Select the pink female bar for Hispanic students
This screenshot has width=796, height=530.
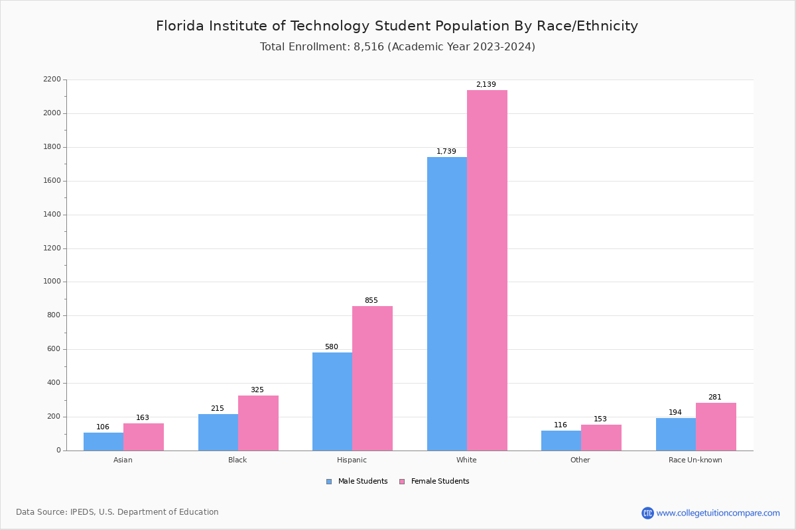(x=372, y=378)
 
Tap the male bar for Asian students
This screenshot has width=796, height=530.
(x=103, y=441)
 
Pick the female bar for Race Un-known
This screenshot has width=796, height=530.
(x=716, y=427)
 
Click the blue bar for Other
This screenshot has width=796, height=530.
(x=561, y=441)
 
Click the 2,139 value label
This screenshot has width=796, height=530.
(x=486, y=85)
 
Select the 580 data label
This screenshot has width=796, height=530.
(x=332, y=347)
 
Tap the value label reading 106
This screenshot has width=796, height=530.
(x=103, y=427)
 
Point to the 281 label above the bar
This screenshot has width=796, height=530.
(x=714, y=397)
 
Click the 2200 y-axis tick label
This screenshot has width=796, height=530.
(x=51, y=79)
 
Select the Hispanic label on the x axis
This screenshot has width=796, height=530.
(x=352, y=460)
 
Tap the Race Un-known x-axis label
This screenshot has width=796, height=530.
(x=695, y=460)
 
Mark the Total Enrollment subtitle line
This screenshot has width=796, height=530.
(x=397, y=47)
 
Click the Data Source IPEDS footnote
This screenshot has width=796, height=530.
(x=117, y=512)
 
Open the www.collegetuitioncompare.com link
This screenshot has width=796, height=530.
(x=718, y=513)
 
